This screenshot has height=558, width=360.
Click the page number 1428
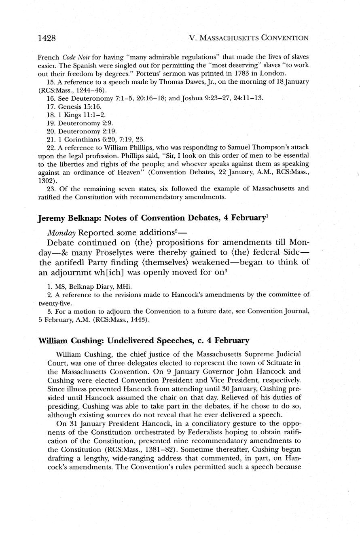[x=47, y=38]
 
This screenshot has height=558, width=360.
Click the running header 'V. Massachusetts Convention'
[x=249, y=38]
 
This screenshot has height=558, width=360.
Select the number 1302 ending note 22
[x=46, y=182]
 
